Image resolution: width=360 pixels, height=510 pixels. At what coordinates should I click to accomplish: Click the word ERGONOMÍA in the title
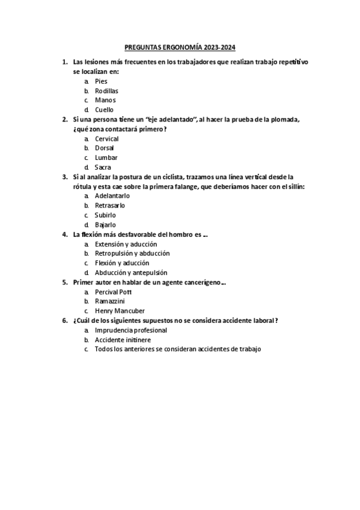click(x=182, y=46)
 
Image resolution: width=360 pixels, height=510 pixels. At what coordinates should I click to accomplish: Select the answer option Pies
click(x=101, y=81)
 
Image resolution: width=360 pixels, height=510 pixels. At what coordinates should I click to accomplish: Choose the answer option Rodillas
click(x=106, y=91)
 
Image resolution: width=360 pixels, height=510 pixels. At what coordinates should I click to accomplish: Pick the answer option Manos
click(x=105, y=100)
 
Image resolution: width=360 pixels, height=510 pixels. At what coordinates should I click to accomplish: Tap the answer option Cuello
click(x=104, y=110)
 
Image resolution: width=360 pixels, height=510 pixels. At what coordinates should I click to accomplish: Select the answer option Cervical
click(x=107, y=139)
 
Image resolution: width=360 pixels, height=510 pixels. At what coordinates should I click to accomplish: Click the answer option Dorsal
click(x=105, y=148)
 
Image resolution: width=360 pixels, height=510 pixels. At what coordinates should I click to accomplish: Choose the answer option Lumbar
click(x=106, y=158)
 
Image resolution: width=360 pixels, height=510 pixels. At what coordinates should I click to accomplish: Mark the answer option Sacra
click(x=103, y=167)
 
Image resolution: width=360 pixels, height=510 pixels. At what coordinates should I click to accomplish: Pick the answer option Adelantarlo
click(x=112, y=196)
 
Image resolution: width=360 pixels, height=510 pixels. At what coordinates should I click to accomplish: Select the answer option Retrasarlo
click(x=110, y=206)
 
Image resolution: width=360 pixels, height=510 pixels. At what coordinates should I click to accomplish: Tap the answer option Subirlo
click(x=105, y=215)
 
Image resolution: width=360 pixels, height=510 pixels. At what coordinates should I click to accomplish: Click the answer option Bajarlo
click(x=105, y=224)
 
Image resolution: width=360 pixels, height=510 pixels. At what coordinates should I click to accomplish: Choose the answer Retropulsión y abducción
click(x=132, y=253)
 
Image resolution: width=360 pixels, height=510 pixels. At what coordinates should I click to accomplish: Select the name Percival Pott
click(x=114, y=292)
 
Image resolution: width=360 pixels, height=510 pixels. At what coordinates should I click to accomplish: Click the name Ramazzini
click(x=110, y=301)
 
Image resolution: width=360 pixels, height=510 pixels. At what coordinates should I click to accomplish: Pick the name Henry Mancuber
click(x=120, y=311)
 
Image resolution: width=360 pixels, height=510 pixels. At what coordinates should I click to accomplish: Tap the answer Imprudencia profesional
click(x=131, y=330)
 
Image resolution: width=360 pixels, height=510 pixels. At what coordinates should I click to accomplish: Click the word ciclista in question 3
click(x=172, y=177)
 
